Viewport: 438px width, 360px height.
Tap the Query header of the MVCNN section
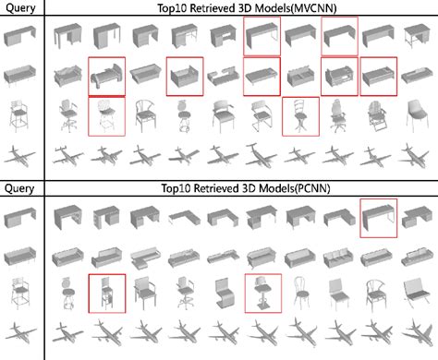[x=20, y=8]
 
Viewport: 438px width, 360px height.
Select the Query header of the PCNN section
[x=20, y=188]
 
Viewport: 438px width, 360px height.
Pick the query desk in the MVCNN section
[x=21, y=37]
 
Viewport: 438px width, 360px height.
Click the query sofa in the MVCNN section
[x=21, y=77]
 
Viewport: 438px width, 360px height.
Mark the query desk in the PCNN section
[x=21, y=219]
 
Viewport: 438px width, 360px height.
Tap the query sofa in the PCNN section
[x=21, y=256]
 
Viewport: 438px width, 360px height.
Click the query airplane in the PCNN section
[x=21, y=334]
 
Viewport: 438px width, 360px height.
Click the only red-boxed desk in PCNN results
[x=379, y=218]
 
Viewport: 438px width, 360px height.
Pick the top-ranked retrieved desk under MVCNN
[x=67, y=37]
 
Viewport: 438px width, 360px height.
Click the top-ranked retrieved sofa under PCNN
[x=67, y=256]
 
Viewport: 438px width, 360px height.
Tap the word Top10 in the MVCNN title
[x=177, y=8]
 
